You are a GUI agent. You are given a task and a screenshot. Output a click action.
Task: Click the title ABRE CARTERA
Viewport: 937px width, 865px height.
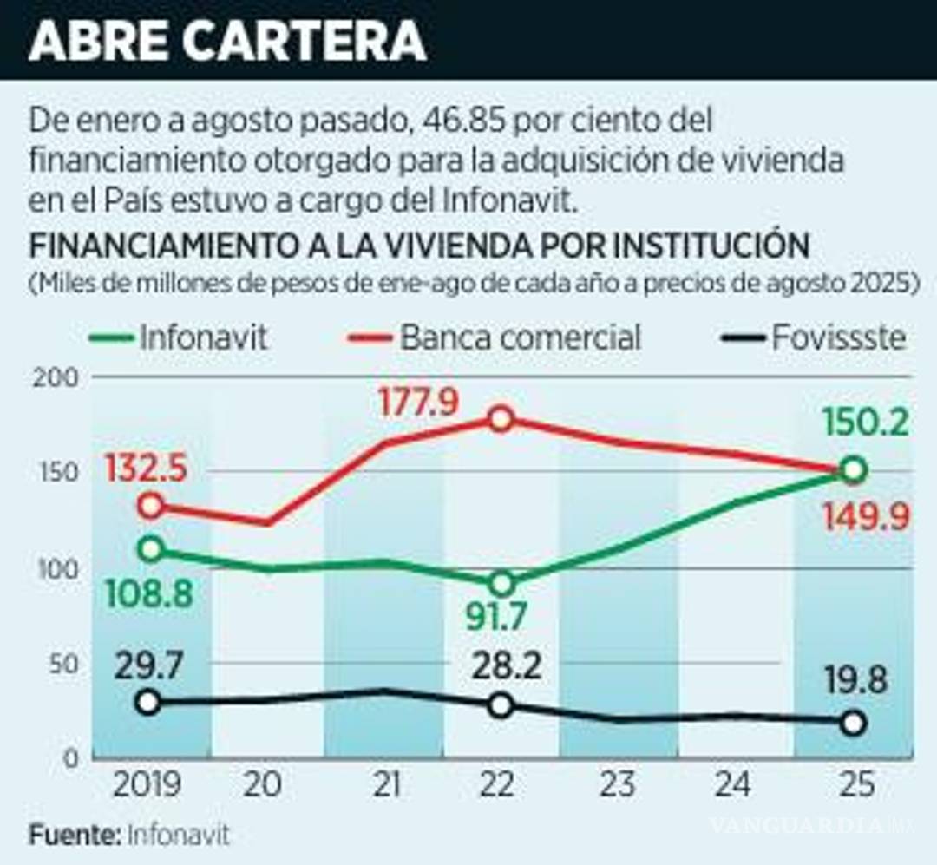pos(227,40)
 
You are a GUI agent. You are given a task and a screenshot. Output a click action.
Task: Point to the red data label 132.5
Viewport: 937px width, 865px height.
pos(147,471)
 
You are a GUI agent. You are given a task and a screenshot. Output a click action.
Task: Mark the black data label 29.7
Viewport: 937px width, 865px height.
pos(148,667)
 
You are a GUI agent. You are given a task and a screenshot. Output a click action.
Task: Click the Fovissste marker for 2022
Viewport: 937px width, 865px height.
pos(500,705)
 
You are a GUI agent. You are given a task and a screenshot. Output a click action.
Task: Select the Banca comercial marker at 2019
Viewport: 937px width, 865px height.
pos(151,506)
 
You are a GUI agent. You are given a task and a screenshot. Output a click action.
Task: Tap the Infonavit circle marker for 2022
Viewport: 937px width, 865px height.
pos(501,583)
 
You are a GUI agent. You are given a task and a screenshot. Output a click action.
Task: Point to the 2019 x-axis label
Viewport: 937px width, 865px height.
pos(149,785)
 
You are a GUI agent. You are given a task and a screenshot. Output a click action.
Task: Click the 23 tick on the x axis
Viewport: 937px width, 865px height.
pos(617,785)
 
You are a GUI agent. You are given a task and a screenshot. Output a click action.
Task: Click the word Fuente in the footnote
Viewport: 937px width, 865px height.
pos(73,836)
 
